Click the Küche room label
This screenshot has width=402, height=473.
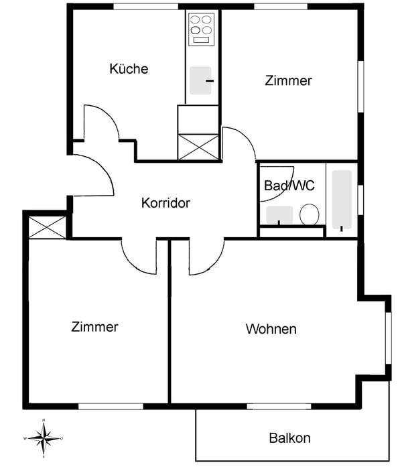pos(129,69)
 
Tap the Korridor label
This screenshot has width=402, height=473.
pos(165,203)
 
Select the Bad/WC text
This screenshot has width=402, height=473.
pos(289,186)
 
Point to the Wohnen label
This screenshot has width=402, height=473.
pos(271,329)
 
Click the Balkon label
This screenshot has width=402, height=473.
pos(289,438)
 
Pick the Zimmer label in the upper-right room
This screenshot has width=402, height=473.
pos(288,80)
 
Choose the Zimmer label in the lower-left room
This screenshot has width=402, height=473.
pos(94,327)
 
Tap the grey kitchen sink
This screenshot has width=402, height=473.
pos(200,80)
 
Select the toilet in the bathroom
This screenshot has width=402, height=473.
pos(310,214)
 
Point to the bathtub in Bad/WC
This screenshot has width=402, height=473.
pos(342,200)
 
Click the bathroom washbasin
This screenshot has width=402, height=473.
pos(279,215)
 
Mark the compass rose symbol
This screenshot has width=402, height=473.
pos(44,438)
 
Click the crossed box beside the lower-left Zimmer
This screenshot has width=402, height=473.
pos(47,227)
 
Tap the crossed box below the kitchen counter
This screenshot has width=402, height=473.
pos(198,147)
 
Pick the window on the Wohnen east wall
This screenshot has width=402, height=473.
pos(389,338)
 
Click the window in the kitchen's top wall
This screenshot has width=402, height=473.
pos(145,7)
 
